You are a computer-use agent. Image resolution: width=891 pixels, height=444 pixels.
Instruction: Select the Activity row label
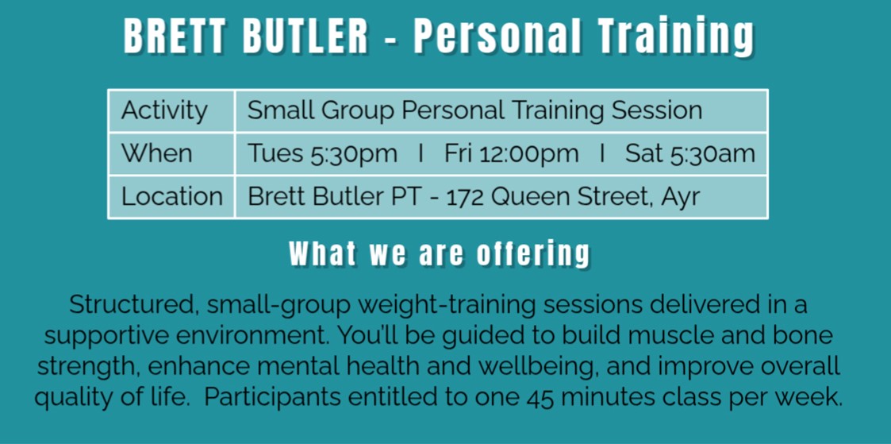coord(164,111)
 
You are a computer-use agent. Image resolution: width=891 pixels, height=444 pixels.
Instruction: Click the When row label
coord(157,153)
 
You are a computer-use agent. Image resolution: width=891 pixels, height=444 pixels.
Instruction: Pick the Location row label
coord(171,197)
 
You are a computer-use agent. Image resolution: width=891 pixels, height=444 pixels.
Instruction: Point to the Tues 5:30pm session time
coord(322,154)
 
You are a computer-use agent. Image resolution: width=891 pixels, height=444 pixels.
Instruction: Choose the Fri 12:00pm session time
coord(512,154)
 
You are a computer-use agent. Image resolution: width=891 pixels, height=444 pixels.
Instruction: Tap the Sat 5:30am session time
coord(689,154)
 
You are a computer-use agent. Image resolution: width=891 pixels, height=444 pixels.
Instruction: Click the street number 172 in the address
coord(466,197)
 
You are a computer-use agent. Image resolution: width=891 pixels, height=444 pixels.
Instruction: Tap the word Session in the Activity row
coord(657,110)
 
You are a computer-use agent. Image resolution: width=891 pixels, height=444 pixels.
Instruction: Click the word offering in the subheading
coord(533,255)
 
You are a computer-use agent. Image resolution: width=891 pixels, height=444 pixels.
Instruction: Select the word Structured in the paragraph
coord(133,305)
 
